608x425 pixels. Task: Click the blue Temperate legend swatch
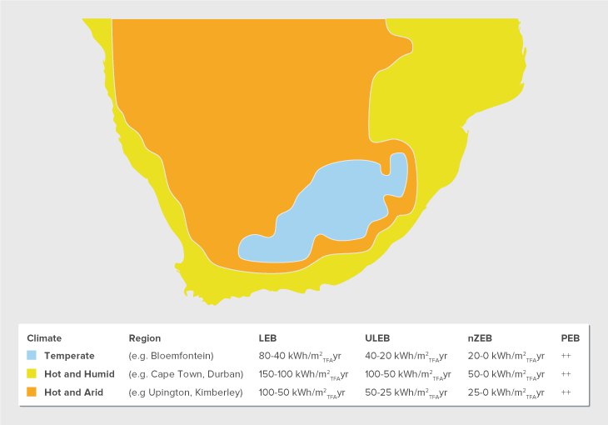click(x=32, y=356)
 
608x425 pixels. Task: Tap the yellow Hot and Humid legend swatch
click(x=32, y=374)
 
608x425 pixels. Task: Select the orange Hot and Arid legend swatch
click(x=32, y=392)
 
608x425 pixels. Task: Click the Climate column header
click(x=44, y=338)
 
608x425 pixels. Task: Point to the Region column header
click(x=144, y=338)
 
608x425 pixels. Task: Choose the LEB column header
click(x=267, y=338)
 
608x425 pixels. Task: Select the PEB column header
click(x=570, y=338)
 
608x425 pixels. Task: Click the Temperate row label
click(x=69, y=356)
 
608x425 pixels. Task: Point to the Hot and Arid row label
click(x=73, y=392)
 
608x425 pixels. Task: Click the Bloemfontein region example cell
click(x=172, y=356)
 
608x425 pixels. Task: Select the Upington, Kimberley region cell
click(x=185, y=392)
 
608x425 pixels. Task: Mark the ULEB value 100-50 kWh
click(x=408, y=375)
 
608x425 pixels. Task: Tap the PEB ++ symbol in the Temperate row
click(x=566, y=356)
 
